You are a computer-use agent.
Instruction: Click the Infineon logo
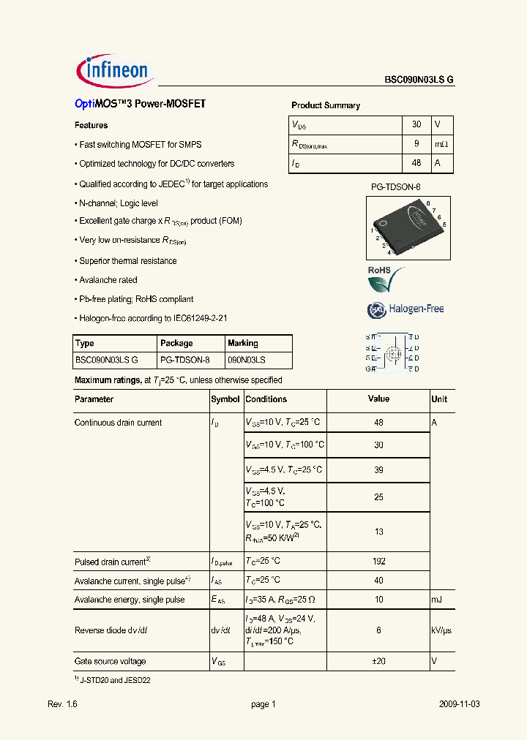pyautogui.click(x=113, y=71)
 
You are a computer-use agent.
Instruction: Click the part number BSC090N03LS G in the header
pyautogui.click(x=419, y=81)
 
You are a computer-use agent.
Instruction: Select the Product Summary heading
pyautogui.click(x=326, y=105)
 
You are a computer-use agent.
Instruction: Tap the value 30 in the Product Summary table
pyautogui.click(x=416, y=125)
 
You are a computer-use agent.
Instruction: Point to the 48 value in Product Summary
pyautogui.click(x=416, y=163)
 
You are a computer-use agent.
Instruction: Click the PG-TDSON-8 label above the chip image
pyautogui.click(x=395, y=187)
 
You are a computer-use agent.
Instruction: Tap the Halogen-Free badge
pyautogui.click(x=405, y=309)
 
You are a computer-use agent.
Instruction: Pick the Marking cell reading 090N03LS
pyautogui.click(x=247, y=360)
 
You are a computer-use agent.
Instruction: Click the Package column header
pyautogui.click(x=176, y=343)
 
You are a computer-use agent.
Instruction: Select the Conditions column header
pyautogui.click(x=266, y=399)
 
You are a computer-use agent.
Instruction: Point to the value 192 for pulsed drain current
pyautogui.click(x=378, y=562)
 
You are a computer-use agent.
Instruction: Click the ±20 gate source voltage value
pyautogui.click(x=378, y=661)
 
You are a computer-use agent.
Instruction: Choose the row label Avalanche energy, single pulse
pyautogui.click(x=130, y=600)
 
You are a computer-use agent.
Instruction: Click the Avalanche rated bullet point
pyautogui.click(x=108, y=280)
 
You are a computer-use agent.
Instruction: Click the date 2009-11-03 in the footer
pyautogui.click(x=460, y=704)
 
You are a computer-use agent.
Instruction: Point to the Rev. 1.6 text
pyautogui.click(x=62, y=704)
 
